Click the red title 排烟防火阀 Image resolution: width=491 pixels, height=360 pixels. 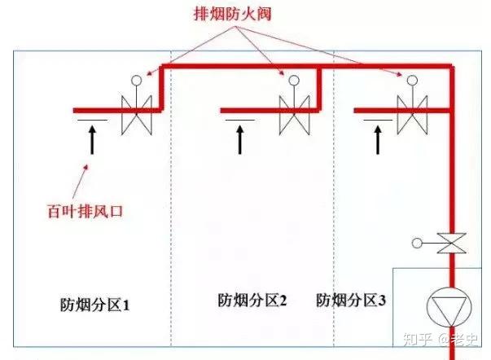[233, 14]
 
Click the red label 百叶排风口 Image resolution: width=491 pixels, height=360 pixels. [85, 211]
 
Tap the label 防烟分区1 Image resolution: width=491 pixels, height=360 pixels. [94, 305]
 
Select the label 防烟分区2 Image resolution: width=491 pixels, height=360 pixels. [252, 301]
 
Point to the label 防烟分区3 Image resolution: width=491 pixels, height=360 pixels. [351, 301]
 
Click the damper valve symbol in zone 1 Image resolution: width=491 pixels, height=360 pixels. [137, 115]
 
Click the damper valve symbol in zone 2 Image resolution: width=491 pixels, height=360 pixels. [294, 115]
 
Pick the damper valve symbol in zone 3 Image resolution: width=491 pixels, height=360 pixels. [412, 115]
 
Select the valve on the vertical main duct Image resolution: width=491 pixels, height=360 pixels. [452, 243]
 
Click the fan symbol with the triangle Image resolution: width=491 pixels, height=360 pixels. [449, 307]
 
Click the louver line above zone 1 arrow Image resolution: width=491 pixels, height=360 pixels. [92, 120]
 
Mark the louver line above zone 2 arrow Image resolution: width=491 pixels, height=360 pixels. [240, 120]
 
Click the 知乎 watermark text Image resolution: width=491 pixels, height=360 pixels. [418, 339]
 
